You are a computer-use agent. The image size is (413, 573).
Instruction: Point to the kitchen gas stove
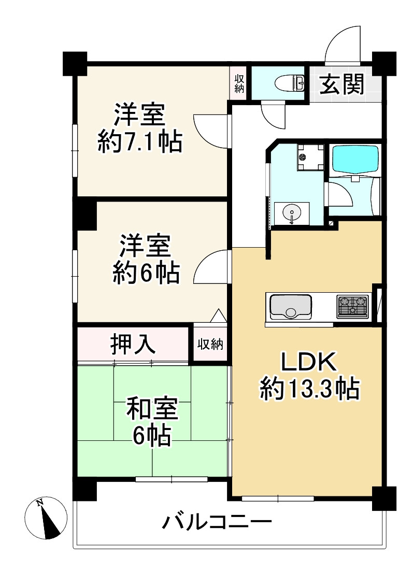(352, 306)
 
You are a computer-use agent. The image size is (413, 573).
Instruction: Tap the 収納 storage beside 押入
(210, 343)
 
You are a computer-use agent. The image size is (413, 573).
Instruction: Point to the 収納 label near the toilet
(239, 83)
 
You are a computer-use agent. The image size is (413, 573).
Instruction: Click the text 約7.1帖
(140, 141)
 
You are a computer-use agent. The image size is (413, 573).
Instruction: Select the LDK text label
(309, 362)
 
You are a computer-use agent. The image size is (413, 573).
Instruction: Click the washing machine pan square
(310, 157)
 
